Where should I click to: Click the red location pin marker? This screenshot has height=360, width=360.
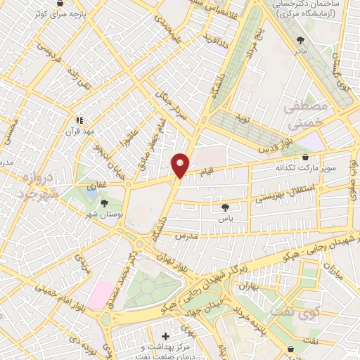point(180,165)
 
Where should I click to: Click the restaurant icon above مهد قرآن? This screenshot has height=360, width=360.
point(79,120)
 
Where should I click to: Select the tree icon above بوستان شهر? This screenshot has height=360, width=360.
point(105,203)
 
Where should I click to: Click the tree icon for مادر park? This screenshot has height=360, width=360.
point(302,40)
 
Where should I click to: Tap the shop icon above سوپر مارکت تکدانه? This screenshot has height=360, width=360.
point(305,157)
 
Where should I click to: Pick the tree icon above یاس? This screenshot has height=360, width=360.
point(225,207)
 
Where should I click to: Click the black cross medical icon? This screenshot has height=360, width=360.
point(165,337)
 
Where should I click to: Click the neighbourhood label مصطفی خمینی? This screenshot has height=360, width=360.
point(304,113)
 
